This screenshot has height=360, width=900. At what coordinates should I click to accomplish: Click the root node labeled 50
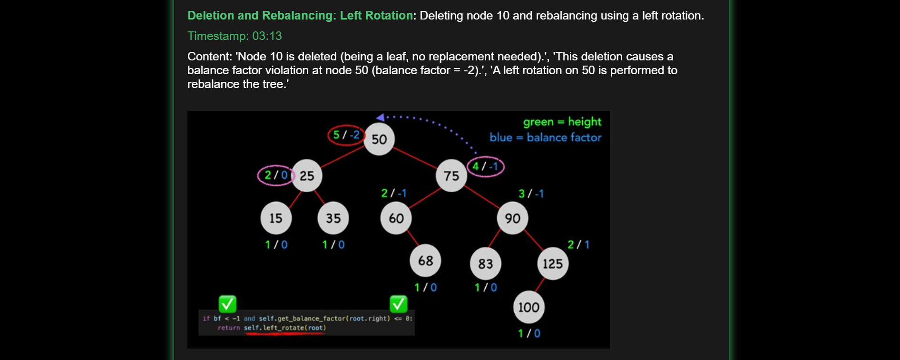pos(379,139)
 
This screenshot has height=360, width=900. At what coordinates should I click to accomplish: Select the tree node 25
pos(307,175)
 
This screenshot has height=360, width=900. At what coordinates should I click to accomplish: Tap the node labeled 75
pos(451,176)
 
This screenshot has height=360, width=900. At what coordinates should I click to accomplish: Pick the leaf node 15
pos(276,218)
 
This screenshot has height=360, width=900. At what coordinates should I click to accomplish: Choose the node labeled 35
pos(333,218)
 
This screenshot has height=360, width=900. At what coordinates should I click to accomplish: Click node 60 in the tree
pos(396,218)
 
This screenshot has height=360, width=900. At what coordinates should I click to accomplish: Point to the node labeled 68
pos(425,261)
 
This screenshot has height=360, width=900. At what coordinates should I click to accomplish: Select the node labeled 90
pos(512,218)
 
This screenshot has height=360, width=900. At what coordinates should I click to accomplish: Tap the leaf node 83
pos(485,263)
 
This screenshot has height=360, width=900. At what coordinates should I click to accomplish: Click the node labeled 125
pos(553,263)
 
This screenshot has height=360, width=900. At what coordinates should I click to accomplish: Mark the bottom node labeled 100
pos(528,307)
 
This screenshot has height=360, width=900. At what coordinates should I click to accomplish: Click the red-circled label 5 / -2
pos(346,135)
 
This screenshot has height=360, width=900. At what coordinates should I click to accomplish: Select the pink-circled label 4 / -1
pos(485,166)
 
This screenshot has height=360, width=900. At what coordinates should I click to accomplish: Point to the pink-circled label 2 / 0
pos(276,175)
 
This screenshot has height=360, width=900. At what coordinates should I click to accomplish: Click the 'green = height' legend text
pos(562,122)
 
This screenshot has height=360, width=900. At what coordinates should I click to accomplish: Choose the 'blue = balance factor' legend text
pos(545,138)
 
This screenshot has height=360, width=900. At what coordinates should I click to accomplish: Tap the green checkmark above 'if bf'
pos(227,303)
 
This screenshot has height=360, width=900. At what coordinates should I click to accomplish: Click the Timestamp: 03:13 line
pos(235,36)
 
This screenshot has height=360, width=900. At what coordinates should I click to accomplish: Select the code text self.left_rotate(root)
pos(285,328)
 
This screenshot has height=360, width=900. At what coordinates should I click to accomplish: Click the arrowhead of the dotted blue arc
pos(380,117)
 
